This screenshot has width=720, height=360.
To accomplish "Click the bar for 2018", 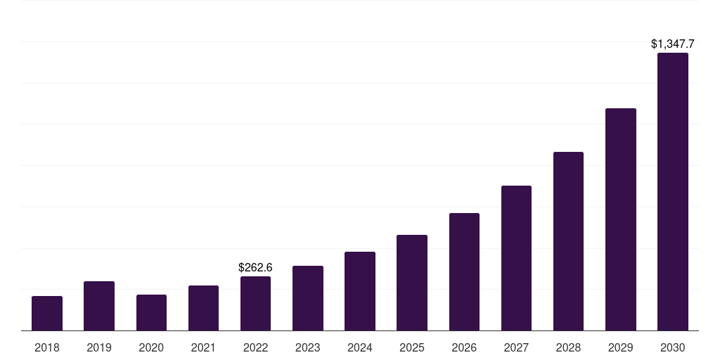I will tap(47, 313).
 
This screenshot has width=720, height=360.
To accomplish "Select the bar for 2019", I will tap(99, 306).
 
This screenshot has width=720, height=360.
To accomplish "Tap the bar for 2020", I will tap(151, 312).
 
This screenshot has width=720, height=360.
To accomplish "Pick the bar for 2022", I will tap(255, 303).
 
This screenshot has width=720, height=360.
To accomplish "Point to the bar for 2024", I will tap(360, 291).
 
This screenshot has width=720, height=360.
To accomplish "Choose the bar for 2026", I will tap(464, 271).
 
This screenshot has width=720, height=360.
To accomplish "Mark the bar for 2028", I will tap(568, 241).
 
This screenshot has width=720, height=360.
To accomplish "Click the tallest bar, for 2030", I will tap(672, 191).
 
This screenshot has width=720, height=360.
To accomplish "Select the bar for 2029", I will tap(620, 219).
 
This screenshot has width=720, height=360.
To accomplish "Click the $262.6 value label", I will tap(255, 267).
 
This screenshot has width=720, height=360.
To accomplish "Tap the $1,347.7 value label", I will tap(672, 44).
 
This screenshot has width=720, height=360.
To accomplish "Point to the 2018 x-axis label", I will tap(47, 347).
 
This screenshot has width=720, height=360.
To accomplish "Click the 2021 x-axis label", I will tap(203, 347).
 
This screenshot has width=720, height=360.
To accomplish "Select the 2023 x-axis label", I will tap(307, 347).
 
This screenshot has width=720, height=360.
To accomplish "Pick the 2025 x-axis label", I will tap(412, 347).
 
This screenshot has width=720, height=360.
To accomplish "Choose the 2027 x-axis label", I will tap(516, 347).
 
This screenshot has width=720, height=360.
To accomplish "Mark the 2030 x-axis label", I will tap(672, 347).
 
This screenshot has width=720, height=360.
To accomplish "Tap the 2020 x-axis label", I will tap(151, 347).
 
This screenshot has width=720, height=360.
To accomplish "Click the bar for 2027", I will tap(516, 258).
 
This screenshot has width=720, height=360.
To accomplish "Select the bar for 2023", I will tap(307, 298).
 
